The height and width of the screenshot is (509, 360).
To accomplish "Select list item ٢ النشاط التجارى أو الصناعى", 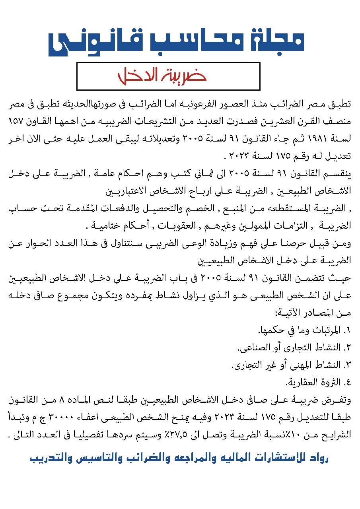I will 294,348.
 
